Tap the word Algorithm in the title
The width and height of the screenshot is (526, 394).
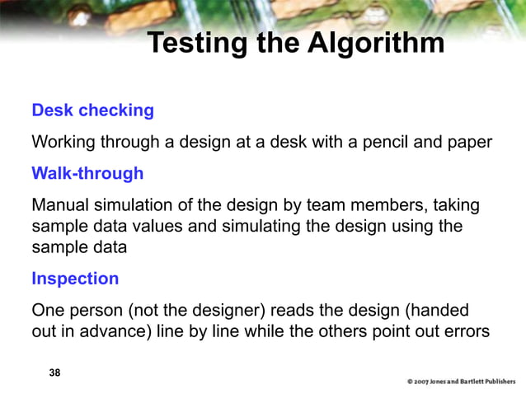pos(377,43)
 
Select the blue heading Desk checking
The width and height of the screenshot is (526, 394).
pos(92,110)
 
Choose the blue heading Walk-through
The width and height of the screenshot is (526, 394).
pos(87,173)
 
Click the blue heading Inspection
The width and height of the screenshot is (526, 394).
pos(75,279)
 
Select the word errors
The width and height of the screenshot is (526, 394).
pos(466,331)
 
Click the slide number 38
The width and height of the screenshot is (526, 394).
pos(54,373)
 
